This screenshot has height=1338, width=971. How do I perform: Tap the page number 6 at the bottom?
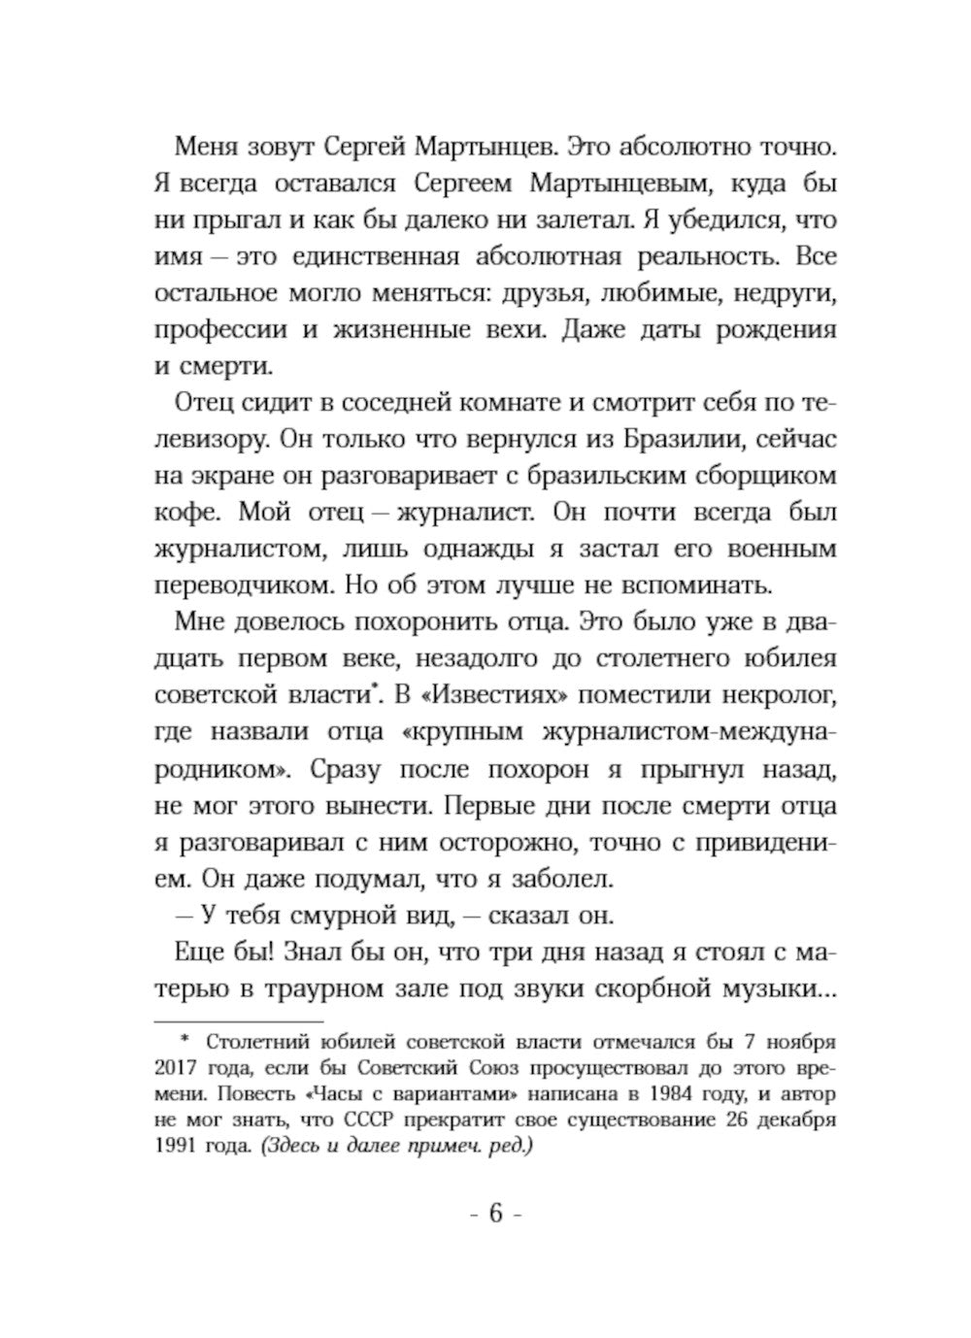[495, 1214]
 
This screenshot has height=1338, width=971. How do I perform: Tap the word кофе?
[185, 512]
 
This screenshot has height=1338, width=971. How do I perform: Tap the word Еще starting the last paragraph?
[197, 953]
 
